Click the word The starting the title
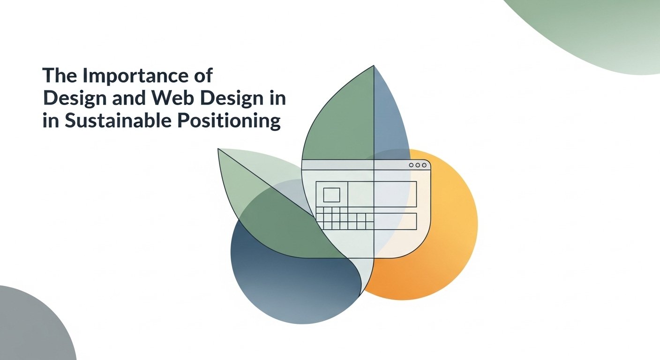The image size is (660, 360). pos(60,75)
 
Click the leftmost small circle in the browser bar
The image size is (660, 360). pos(411,165)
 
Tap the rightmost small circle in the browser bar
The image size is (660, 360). pos(424,165)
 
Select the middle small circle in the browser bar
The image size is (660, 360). pos(418,165)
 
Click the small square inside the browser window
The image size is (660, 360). pos(331,195)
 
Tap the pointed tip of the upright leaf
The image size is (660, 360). pos(374,66)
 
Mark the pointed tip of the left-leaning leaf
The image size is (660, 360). pos(218,149)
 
